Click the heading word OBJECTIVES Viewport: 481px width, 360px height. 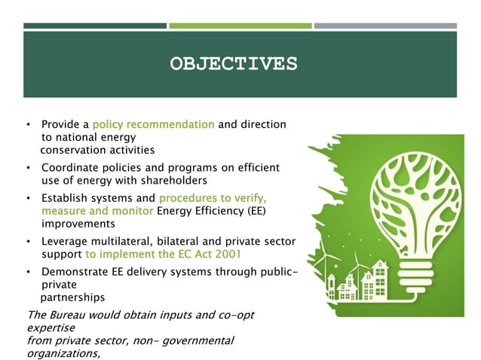coord(233,63)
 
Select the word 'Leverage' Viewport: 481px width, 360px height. coord(66,241)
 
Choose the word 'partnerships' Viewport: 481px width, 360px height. coord(72,297)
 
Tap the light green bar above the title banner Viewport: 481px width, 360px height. coord(240,26)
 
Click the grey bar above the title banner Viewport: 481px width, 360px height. coord(385,26)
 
